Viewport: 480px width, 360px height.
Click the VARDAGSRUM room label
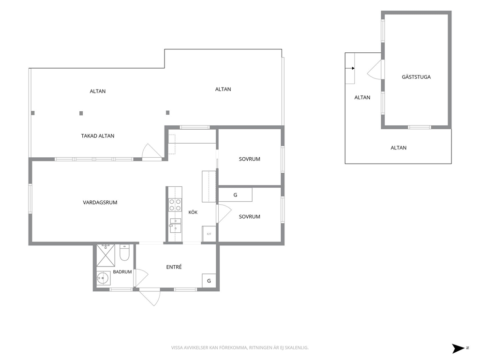click(100, 202)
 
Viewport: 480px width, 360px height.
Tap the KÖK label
click(193, 212)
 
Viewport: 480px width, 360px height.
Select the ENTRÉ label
click(174, 267)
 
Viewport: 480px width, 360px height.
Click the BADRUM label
click(122, 272)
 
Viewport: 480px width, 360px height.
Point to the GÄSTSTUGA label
click(416, 77)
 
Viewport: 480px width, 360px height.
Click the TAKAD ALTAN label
click(98, 136)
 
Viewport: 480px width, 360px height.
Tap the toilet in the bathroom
click(124, 253)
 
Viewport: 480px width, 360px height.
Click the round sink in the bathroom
click(103, 278)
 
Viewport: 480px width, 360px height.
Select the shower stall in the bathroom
click(105, 255)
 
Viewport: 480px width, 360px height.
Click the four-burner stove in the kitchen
click(176, 205)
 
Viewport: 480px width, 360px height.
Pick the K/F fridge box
click(209, 234)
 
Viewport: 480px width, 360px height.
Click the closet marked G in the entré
click(209, 281)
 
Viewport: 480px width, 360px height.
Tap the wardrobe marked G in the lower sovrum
click(235, 195)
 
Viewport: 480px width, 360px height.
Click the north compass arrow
click(459, 348)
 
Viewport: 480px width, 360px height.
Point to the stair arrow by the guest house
click(350, 68)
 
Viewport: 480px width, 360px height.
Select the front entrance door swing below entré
click(150, 298)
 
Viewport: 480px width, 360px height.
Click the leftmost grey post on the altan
click(33, 113)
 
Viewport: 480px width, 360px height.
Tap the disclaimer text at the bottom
click(240, 348)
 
